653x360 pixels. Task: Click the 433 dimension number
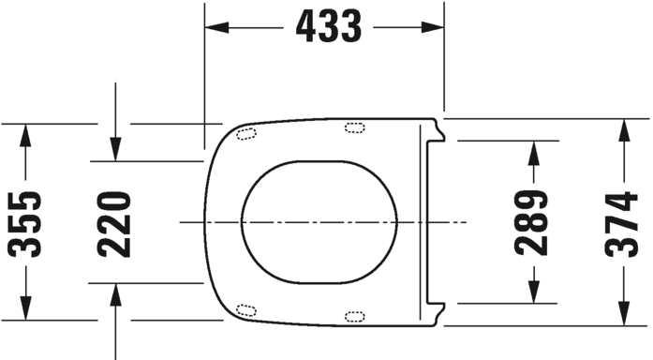point(328,27)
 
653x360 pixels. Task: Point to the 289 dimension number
point(532,222)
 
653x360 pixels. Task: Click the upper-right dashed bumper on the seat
point(355,127)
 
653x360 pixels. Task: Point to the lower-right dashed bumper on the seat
point(355,316)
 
